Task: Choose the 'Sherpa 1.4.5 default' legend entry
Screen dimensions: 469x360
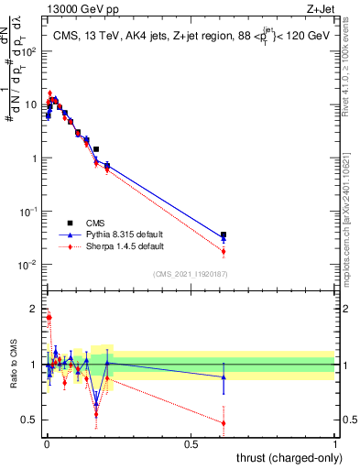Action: tap(119, 246)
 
